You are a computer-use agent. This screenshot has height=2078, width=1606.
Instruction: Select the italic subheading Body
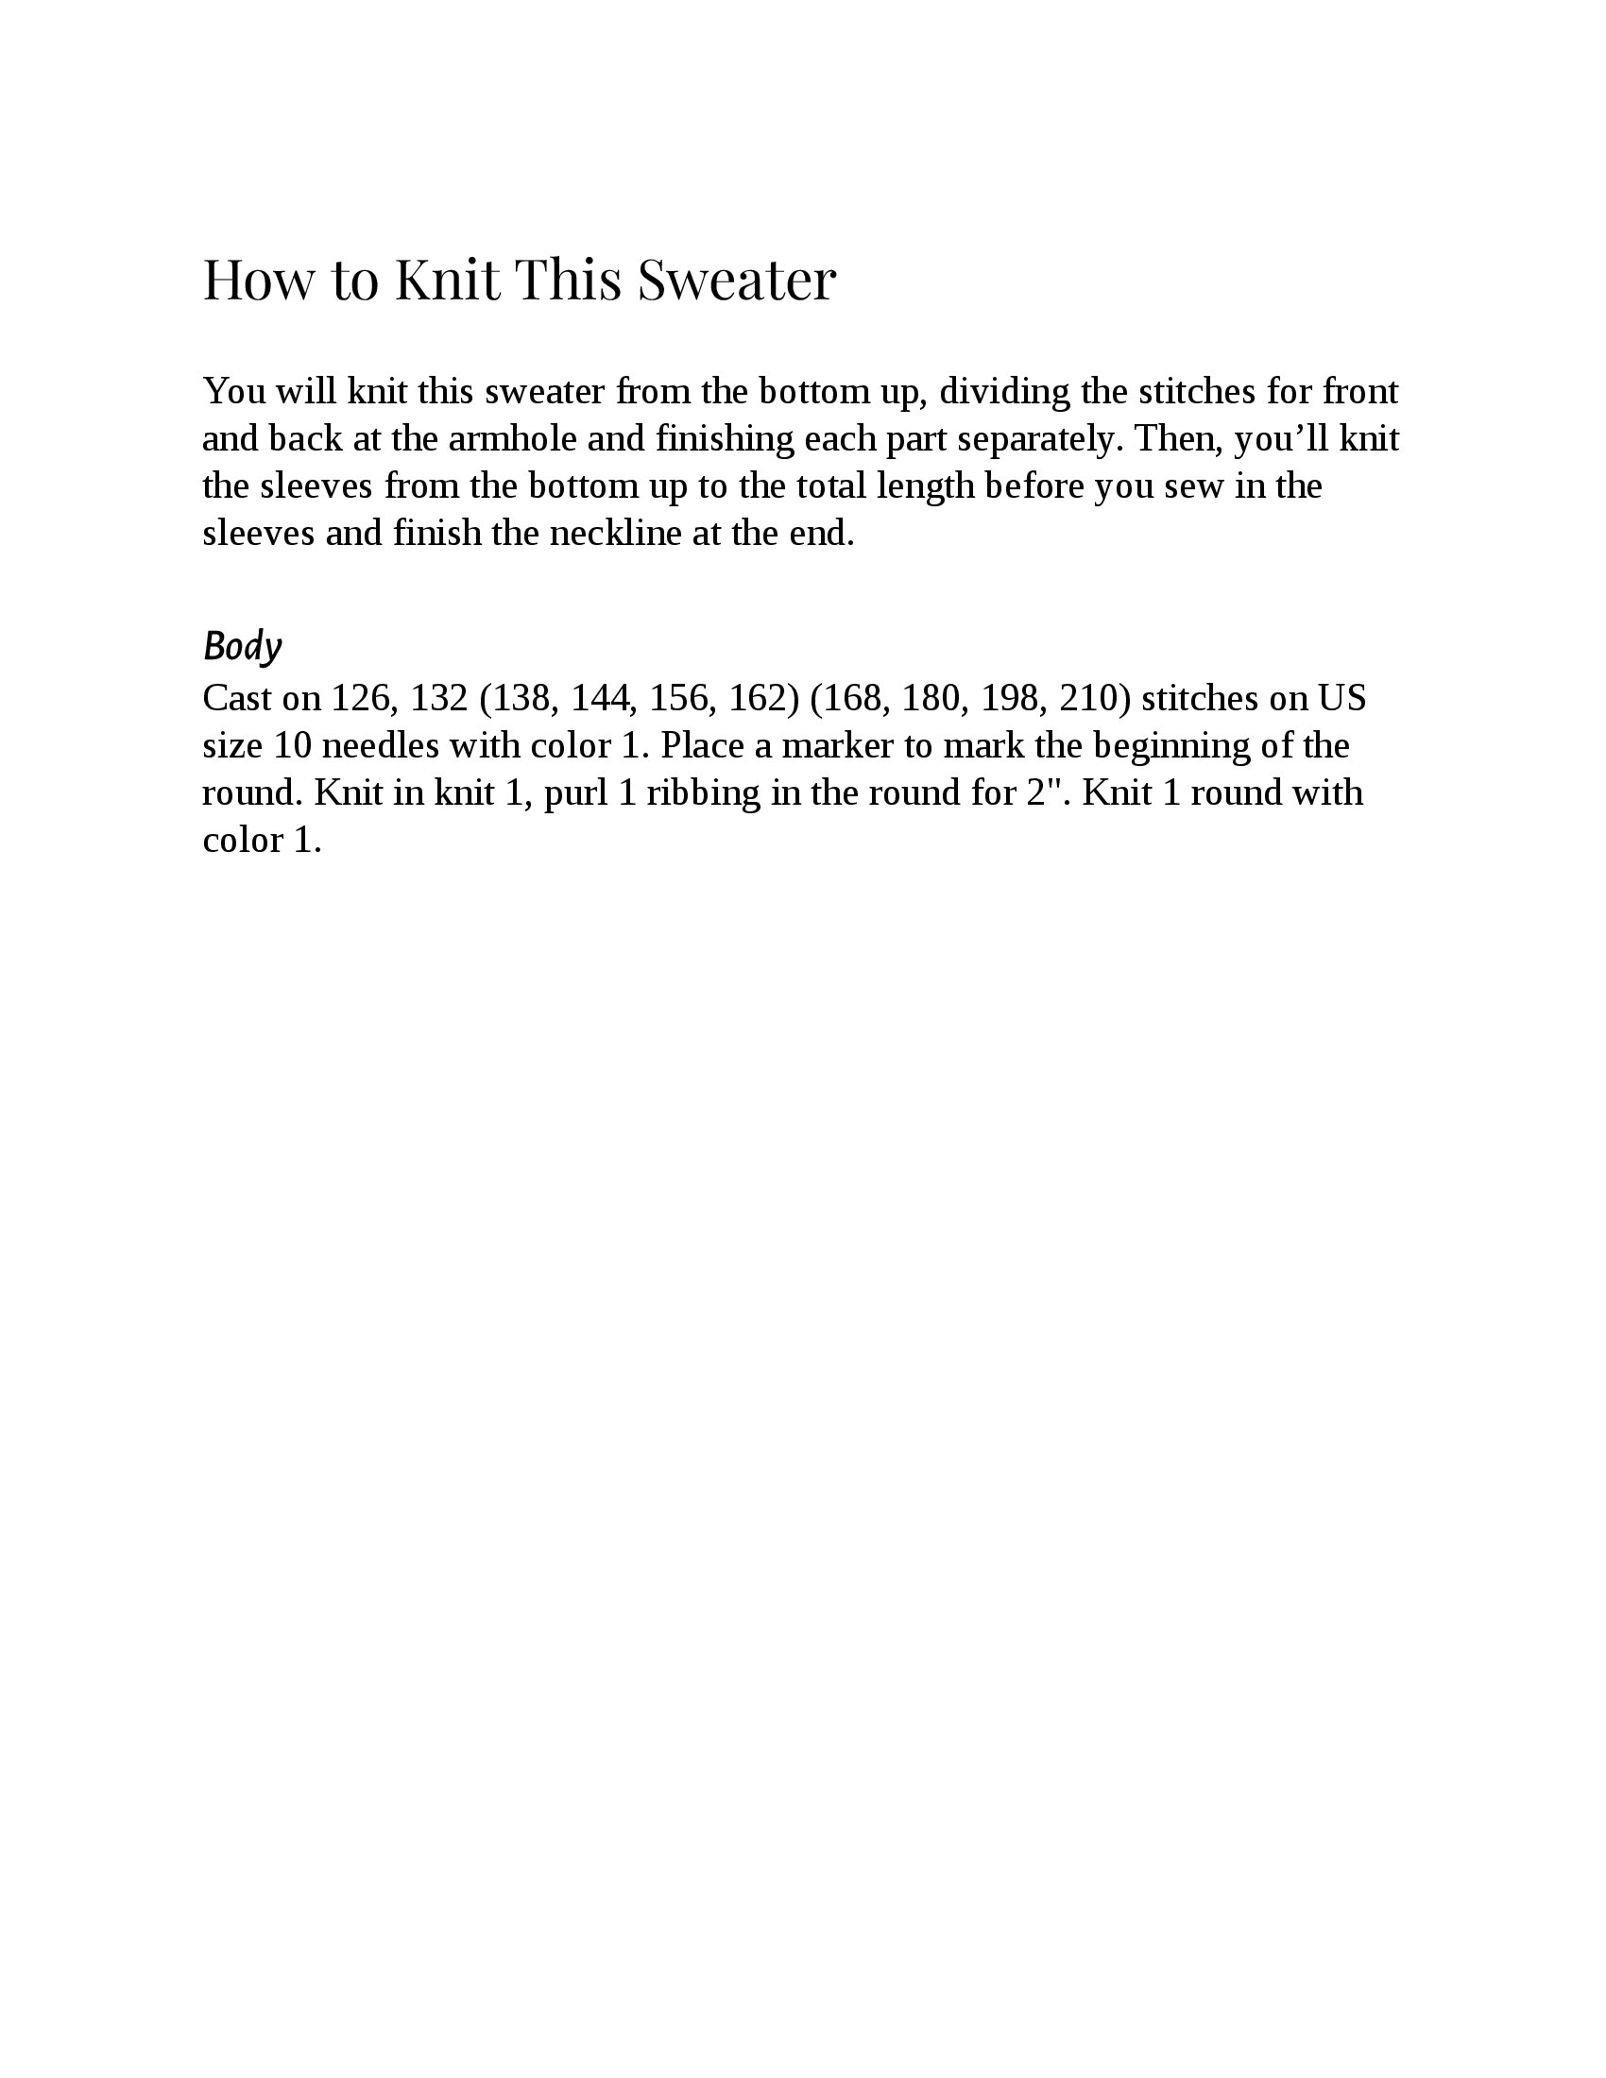243,647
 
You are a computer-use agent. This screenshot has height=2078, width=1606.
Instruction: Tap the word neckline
616,534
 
